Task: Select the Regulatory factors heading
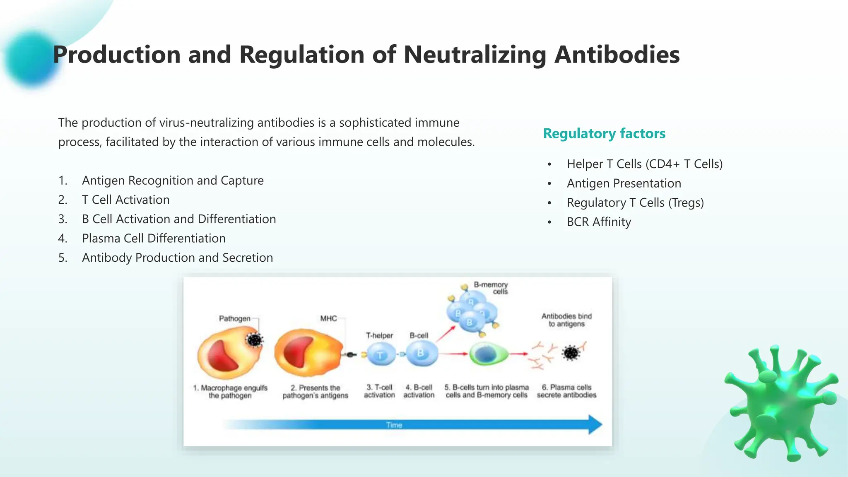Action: tap(604, 133)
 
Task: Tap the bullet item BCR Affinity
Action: tap(599, 222)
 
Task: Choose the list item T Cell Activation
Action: tap(125, 200)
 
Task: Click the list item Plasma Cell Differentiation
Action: tap(154, 238)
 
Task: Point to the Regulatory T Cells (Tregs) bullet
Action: tap(635, 202)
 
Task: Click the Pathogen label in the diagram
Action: tap(234, 318)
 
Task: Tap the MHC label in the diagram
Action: tap(328, 318)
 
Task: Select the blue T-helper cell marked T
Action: tap(380, 355)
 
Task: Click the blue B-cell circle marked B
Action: tap(421, 354)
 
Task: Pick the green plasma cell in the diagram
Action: tap(489, 354)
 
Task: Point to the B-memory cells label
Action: tap(491, 288)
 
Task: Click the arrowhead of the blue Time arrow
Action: tap(595, 424)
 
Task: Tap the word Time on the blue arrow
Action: tap(394, 425)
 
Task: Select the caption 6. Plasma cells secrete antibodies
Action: tap(566, 391)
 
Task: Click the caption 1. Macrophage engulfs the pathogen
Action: tap(230, 391)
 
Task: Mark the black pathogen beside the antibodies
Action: tap(571, 353)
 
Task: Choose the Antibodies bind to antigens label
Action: tap(566, 320)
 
